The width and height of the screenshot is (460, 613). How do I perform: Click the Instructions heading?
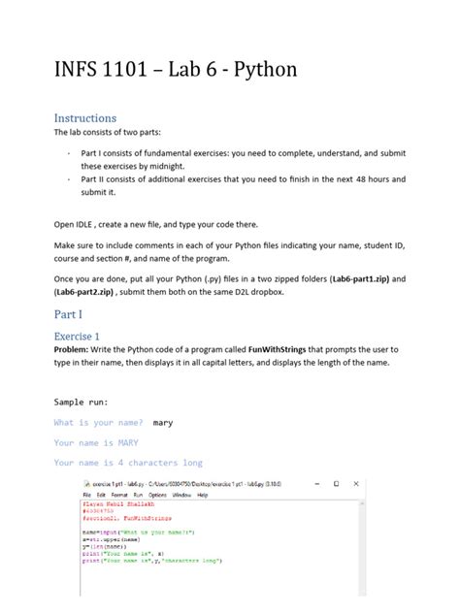click(x=84, y=118)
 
